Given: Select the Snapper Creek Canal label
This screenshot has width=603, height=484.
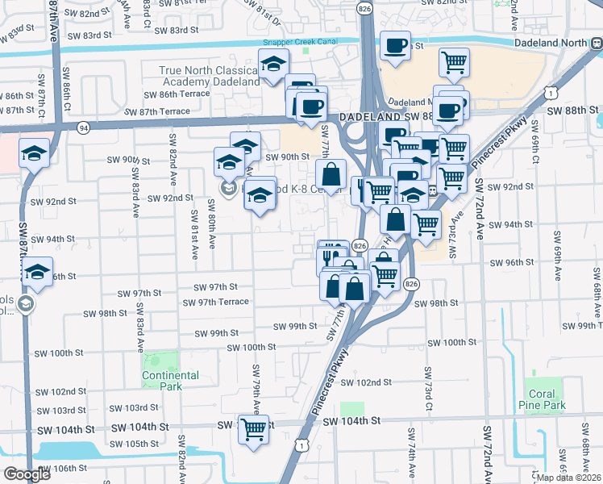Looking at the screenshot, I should tap(296, 43).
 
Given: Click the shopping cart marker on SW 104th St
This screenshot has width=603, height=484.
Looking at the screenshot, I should tap(253, 428).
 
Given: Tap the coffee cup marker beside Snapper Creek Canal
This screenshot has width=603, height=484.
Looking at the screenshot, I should tap(395, 45).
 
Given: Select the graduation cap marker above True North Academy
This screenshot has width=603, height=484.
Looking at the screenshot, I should tap(274, 63).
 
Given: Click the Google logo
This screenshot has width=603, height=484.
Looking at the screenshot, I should tap(27, 474).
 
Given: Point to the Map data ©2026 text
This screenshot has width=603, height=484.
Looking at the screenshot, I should tap(568, 478).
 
